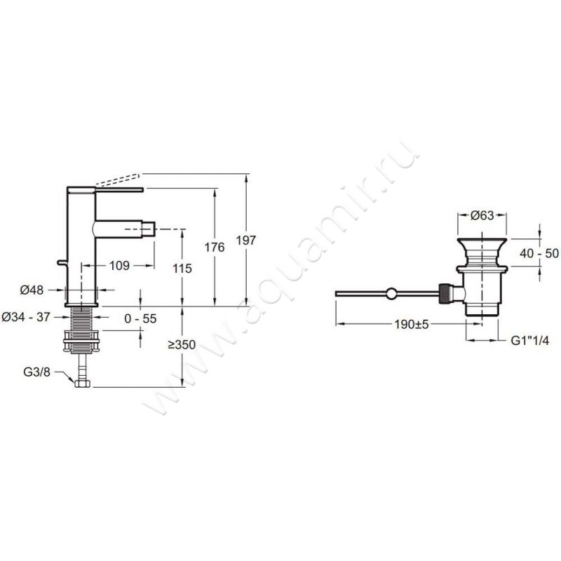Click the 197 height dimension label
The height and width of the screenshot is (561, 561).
[246, 240]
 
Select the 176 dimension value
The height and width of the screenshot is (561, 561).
[215, 248]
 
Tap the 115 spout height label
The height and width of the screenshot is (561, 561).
[182, 269]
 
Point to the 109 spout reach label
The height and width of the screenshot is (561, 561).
[119, 266]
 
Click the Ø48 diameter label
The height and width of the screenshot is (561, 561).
[32, 290]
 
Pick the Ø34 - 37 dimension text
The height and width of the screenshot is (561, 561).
[26, 317]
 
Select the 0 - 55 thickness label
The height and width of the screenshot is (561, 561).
[141, 318]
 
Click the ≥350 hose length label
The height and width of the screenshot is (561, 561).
[182, 345]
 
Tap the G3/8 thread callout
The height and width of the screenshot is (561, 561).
[37, 372]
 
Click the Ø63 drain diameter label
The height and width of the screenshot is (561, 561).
[482, 215]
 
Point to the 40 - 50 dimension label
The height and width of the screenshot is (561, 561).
[539, 253]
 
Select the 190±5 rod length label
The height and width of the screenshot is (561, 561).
[412, 325]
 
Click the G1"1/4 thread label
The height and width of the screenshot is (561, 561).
[529, 340]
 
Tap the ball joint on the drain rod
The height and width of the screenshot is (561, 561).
[391, 293]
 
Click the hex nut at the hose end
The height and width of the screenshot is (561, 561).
[83, 384]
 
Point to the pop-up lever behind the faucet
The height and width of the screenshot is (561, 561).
[62, 264]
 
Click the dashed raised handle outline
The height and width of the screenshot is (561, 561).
[117, 180]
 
